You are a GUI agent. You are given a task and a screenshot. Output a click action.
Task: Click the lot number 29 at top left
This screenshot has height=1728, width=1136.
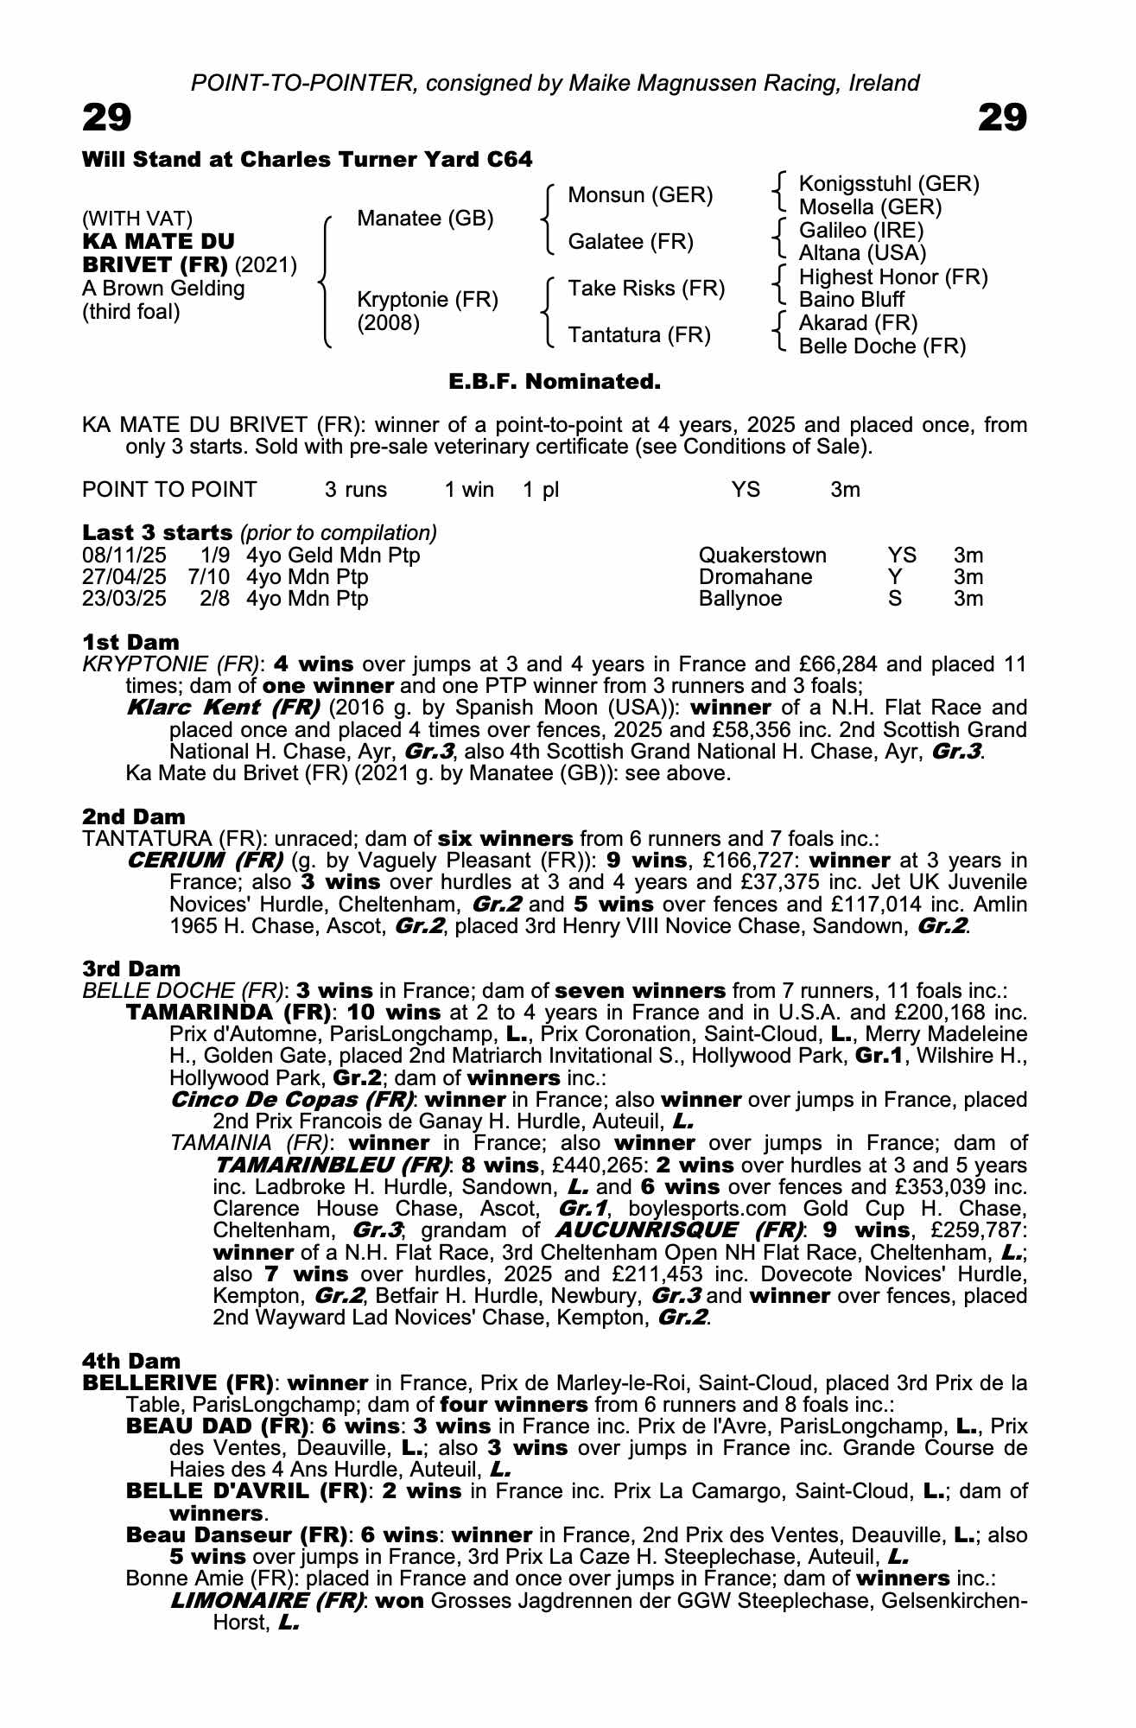[106, 118]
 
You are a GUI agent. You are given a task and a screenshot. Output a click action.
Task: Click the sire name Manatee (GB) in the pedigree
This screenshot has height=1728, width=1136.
[425, 219]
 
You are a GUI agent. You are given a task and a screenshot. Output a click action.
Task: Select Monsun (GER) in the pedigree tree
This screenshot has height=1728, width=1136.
[640, 195]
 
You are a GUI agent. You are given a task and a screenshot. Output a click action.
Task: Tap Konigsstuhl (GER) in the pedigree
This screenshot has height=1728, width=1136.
[889, 184]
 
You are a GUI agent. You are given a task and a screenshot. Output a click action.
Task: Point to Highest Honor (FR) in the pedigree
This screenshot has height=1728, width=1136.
[893, 277]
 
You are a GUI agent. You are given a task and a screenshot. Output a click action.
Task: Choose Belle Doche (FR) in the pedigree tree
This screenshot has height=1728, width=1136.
[882, 346]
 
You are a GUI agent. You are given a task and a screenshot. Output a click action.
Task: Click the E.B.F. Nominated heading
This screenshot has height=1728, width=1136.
[555, 381]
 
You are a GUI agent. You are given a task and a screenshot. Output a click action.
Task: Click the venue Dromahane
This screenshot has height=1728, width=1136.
[755, 577]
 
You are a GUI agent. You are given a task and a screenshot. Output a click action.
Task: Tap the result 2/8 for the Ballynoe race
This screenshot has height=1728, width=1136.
[214, 599]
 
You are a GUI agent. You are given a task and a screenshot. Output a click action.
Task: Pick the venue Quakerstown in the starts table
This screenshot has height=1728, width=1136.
[762, 556]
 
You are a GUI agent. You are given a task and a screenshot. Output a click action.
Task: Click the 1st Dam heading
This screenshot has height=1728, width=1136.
[130, 642]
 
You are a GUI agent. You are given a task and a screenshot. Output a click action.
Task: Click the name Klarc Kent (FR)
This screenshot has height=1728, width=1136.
[223, 708]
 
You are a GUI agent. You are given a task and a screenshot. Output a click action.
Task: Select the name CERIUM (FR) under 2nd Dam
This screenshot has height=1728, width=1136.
[205, 861]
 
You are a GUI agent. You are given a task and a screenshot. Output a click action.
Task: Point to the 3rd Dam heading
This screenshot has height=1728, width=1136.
[131, 969]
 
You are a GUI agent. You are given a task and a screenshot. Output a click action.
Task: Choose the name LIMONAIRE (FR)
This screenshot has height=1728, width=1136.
[266, 1601]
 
